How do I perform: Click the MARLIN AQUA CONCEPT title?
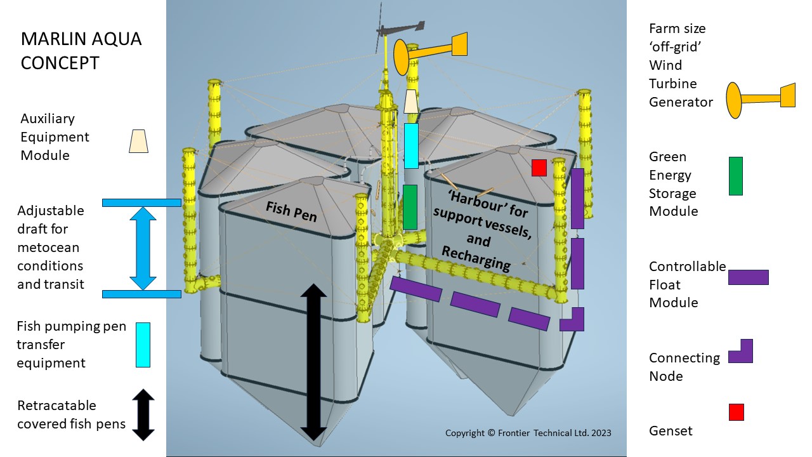click(81, 51)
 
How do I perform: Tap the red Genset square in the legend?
click(737, 412)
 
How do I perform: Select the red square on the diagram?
click(539, 168)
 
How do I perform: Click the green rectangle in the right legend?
click(735, 176)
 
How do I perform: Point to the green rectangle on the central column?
click(410, 207)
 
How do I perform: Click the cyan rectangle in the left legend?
click(143, 345)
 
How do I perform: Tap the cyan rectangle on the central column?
click(411, 146)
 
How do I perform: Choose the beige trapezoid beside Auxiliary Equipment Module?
click(138, 141)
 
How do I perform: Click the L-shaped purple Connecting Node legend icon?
click(740, 351)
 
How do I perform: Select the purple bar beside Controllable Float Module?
click(748, 277)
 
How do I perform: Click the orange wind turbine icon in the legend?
click(761, 100)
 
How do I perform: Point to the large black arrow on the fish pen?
click(313, 362)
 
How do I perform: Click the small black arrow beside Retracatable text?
click(143, 415)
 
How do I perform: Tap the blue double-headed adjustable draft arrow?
click(143, 248)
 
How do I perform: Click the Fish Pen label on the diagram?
click(291, 212)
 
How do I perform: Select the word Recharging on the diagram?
click(476, 258)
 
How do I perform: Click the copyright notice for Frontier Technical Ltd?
click(528, 433)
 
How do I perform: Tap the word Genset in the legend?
click(671, 430)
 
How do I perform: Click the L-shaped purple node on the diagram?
click(572, 319)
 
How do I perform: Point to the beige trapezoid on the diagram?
click(410, 102)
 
